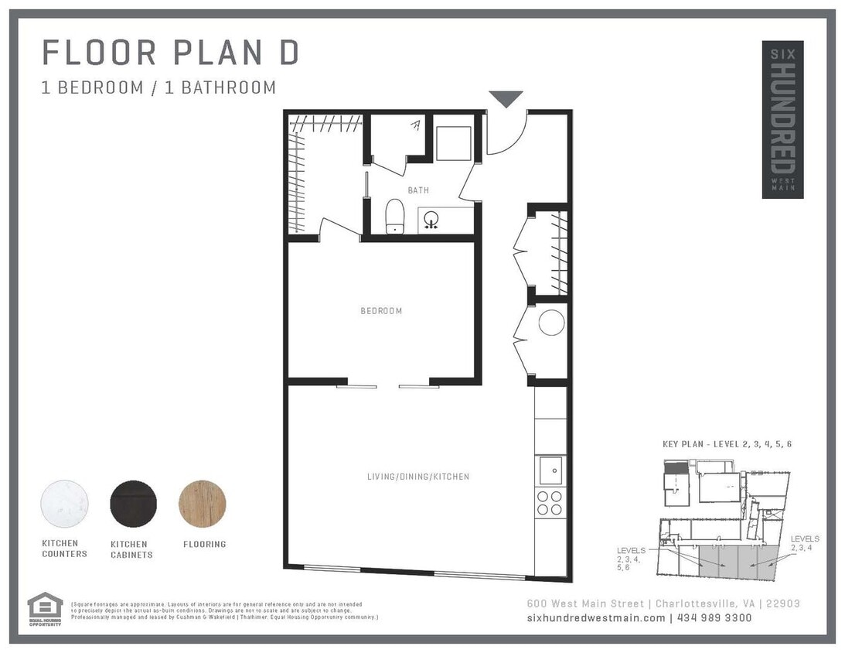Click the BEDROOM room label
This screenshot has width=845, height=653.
coord(381,311)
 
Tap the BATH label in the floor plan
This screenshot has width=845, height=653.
coord(418,190)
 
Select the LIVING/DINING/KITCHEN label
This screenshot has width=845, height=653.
coord(417,477)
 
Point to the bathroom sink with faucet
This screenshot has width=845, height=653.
coord(430,220)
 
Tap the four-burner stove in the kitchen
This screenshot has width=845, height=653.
coord(550,503)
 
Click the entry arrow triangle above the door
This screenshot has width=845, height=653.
coord(506,99)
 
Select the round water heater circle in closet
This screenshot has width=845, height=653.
coord(551,323)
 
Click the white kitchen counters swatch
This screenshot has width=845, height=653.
coord(64,504)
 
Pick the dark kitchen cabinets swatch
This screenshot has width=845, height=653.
coord(133,504)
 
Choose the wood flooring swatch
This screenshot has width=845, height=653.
coord(203,504)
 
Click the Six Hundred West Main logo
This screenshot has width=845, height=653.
coord(782,119)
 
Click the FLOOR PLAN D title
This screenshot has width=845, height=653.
coord(170,53)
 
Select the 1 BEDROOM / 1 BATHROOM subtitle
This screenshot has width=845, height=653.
coord(158,87)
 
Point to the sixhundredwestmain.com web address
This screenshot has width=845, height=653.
coord(595,617)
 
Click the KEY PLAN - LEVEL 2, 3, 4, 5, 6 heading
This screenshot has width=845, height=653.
coord(727,444)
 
